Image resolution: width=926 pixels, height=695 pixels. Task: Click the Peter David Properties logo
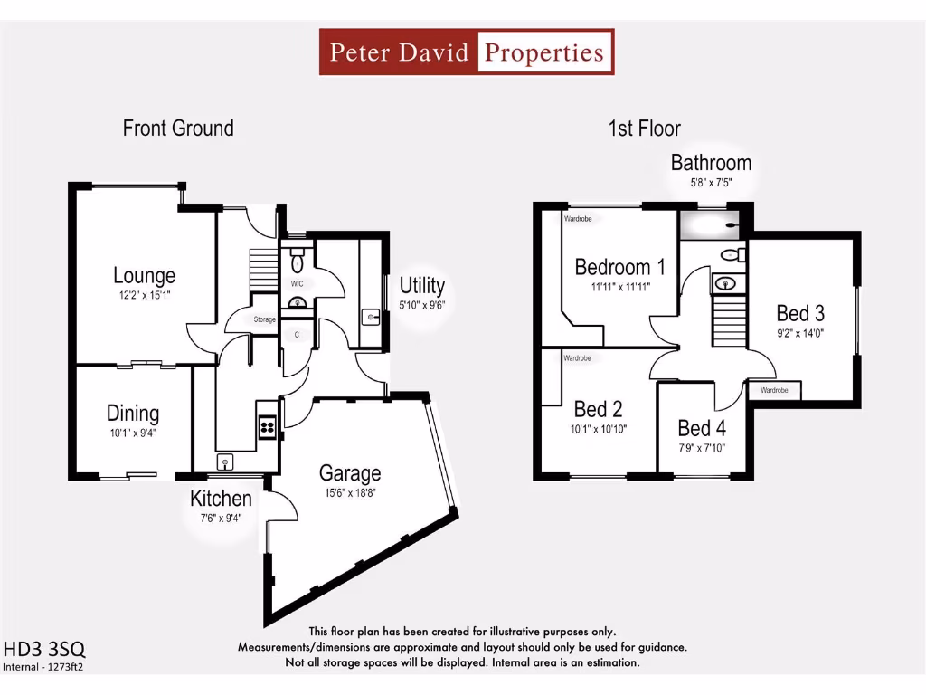[467, 52]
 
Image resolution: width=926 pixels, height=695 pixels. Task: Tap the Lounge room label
[144, 275]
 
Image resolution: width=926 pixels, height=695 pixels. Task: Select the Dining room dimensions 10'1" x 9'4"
[133, 433]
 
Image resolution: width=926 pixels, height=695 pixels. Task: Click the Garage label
[349, 472]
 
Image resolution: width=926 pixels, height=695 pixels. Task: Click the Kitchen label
[221, 499]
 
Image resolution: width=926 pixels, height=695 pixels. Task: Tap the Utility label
[422, 286]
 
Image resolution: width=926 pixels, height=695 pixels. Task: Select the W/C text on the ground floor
[297, 283]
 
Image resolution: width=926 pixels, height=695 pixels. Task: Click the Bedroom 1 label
[619, 267]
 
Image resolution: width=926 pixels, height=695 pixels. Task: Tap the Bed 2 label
[598, 410]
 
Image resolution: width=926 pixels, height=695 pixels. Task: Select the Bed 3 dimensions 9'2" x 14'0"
[800, 332]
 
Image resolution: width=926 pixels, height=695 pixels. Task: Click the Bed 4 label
[701, 428]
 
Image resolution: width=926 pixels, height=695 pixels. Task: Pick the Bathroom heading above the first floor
[711, 163]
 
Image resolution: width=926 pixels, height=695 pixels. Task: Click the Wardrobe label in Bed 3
[774, 391]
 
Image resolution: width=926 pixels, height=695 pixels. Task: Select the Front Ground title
[178, 129]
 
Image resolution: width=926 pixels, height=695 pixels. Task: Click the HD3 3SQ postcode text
[45, 649]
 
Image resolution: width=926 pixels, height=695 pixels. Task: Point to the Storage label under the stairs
[264, 319]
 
